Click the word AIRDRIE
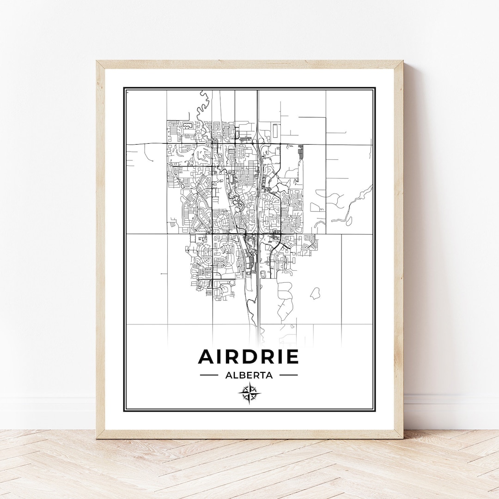(249, 357)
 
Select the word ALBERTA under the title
(249, 375)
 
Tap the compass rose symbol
(249, 394)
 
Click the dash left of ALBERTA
(209, 375)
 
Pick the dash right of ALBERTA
(289, 375)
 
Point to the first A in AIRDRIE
(207, 357)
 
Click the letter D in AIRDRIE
(249, 357)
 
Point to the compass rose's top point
(249, 383)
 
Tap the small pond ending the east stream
(349, 221)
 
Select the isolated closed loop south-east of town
(315, 293)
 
